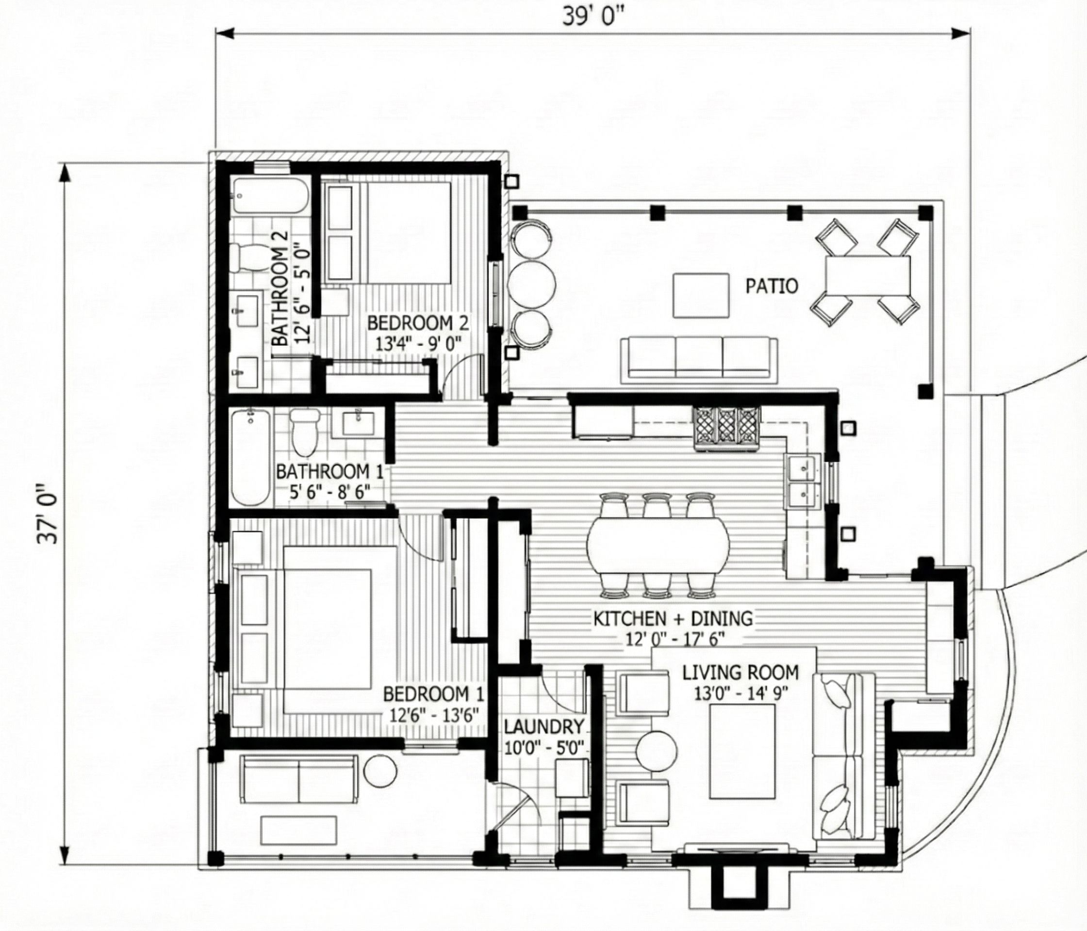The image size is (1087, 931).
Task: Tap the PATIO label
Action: (772, 286)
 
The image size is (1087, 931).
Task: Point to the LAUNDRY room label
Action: (544, 726)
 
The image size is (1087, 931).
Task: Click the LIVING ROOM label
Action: (740, 673)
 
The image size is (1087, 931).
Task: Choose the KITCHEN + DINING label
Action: (673, 619)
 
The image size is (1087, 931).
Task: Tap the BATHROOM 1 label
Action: (329, 472)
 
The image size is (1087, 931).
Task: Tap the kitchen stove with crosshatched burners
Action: (726, 429)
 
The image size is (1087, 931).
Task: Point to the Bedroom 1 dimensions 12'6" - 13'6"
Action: (434, 715)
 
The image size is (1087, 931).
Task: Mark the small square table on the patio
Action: (701, 295)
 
